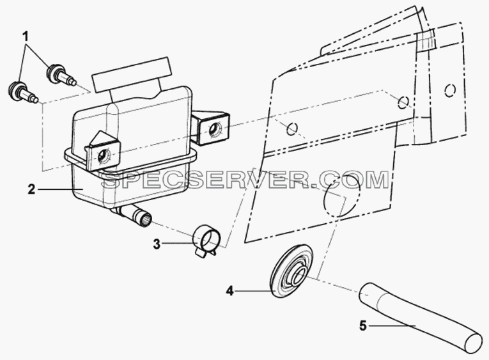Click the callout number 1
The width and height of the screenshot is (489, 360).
(26, 37)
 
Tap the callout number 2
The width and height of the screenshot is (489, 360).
(31, 189)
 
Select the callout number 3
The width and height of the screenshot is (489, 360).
(157, 244)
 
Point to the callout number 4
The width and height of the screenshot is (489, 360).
(229, 292)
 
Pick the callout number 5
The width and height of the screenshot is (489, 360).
(362, 326)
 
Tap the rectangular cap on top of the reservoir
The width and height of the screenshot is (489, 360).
(131, 74)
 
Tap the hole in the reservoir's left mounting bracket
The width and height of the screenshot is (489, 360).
(103, 154)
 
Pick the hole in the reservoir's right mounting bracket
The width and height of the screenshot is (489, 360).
(215, 129)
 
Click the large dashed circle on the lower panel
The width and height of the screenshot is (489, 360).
(342, 194)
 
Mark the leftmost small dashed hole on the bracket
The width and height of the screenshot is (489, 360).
(291, 129)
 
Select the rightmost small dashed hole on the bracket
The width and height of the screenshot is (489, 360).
(450, 90)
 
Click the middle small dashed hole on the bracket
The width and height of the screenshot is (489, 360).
(403, 102)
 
